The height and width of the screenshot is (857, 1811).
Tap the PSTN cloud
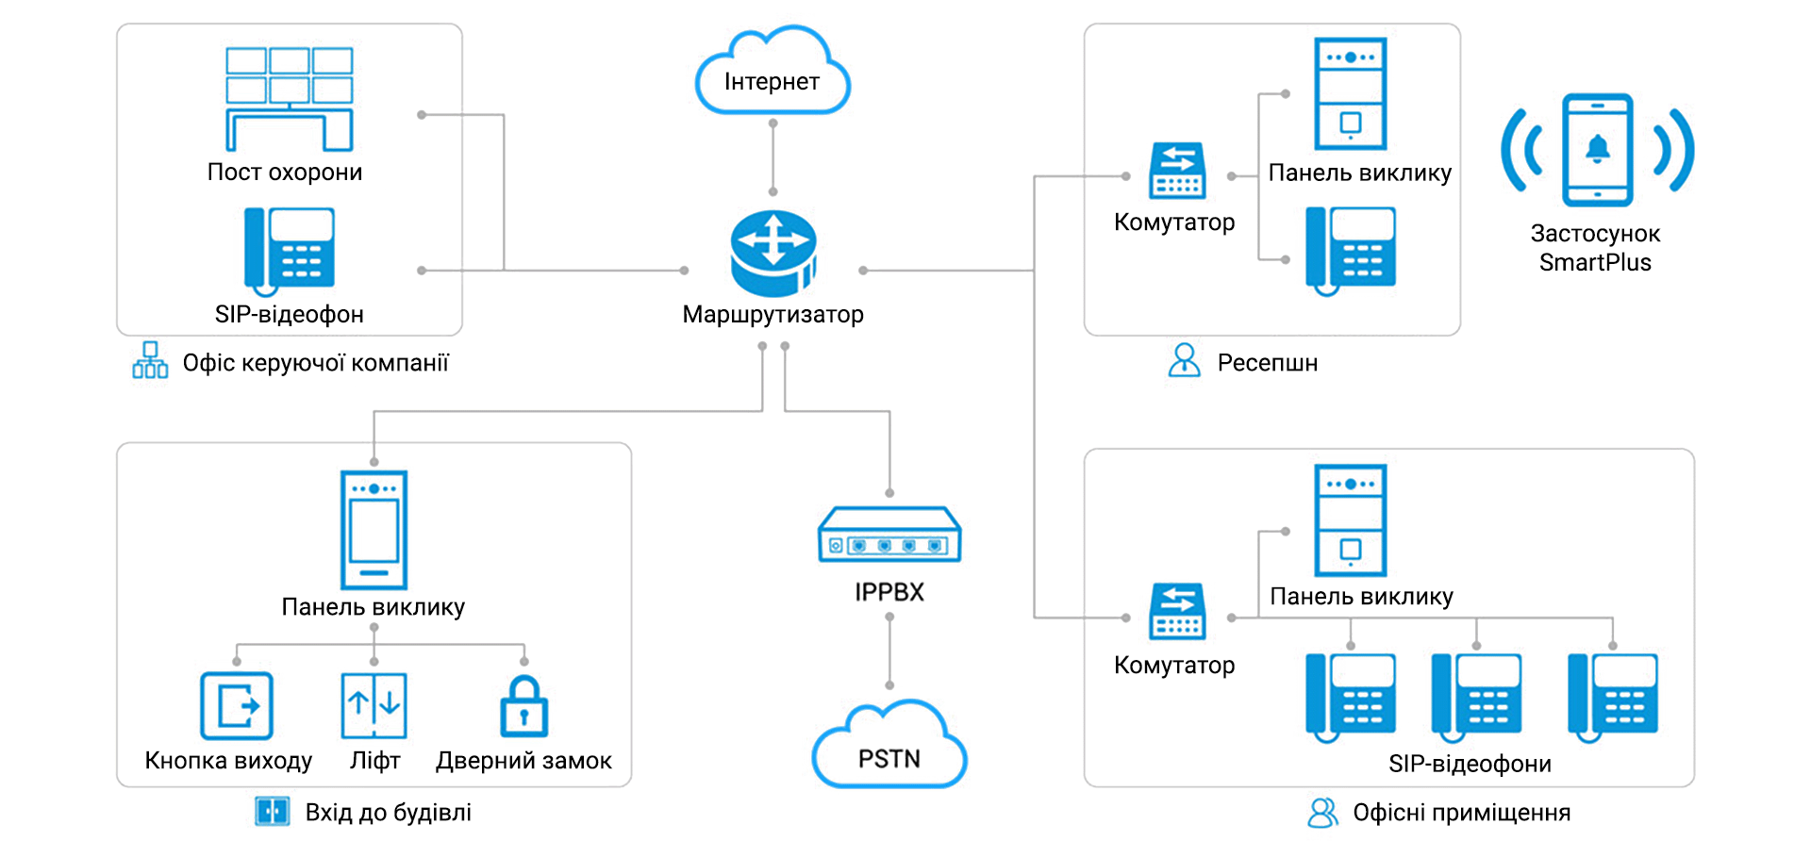click(889, 749)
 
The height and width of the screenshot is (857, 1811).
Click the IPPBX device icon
click(889, 536)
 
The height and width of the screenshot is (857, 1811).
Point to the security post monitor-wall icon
click(289, 98)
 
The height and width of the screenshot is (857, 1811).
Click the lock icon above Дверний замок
click(523, 706)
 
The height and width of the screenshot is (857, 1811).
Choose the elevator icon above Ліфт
click(374, 705)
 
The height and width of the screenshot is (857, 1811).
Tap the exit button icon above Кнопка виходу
click(236, 705)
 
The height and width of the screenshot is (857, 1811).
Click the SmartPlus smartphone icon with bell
click(1597, 150)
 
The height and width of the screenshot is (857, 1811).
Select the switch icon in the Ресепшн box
click(1177, 171)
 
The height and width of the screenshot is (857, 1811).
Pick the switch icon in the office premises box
click(1177, 611)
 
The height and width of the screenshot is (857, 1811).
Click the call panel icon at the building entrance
click(374, 530)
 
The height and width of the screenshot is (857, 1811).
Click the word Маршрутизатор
click(773, 314)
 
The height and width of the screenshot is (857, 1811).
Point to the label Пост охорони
click(285, 173)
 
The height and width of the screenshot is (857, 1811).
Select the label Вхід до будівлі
click(388, 813)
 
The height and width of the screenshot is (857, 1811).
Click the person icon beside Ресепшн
click(1184, 361)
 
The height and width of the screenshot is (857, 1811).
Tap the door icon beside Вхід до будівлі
click(273, 812)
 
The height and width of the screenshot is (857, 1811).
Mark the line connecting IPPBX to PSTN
click(889, 651)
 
